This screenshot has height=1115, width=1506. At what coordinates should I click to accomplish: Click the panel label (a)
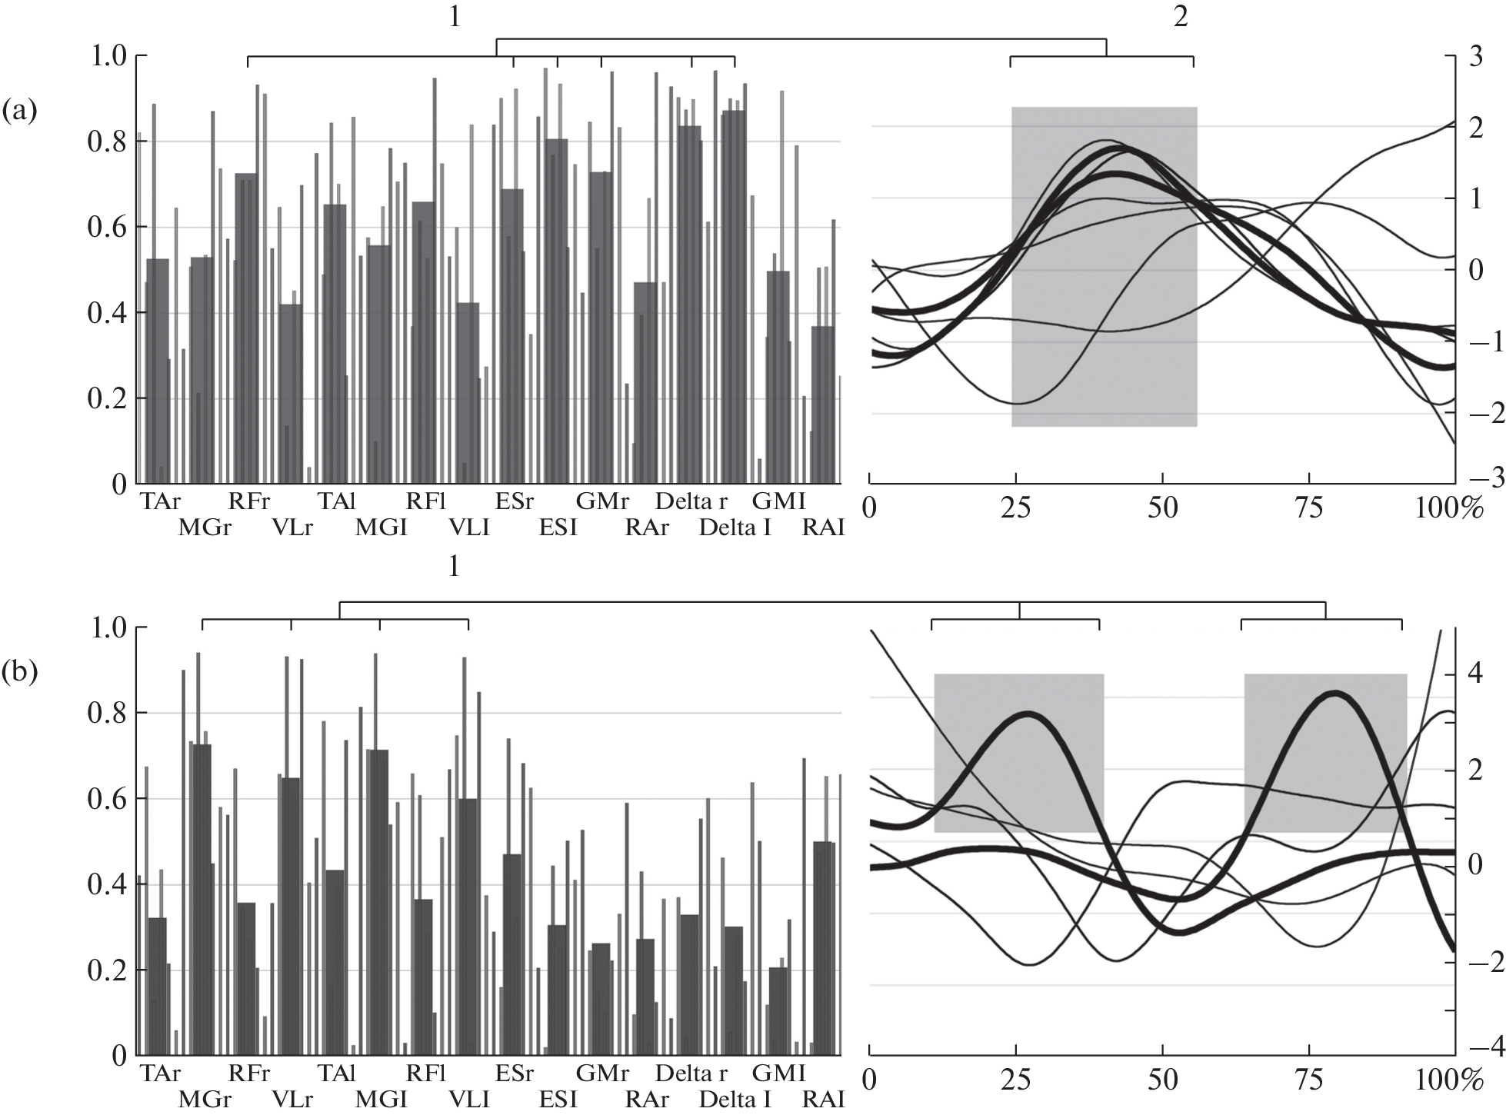click(x=19, y=112)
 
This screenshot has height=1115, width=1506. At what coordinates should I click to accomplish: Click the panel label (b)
click(x=19, y=672)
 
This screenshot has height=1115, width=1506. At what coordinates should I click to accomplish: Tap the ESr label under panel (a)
click(x=514, y=502)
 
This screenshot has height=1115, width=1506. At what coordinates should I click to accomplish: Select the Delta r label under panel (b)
click(x=690, y=1073)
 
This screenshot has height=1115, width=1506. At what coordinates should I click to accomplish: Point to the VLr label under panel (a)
click(x=292, y=528)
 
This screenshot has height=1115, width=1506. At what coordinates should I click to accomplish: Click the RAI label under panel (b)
click(x=823, y=1100)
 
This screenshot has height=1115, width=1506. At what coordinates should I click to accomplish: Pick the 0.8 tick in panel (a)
click(x=107, y=142)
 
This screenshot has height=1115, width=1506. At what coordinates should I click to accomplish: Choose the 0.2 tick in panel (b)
click(x=107, y=970)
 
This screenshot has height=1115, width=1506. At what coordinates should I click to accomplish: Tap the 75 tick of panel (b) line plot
click(x=1309, y=1080)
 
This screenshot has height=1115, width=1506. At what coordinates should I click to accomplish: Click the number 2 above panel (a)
click(x=1180, y=17)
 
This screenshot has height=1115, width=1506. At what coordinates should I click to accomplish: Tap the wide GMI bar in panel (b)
click(x=778, y=1010)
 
